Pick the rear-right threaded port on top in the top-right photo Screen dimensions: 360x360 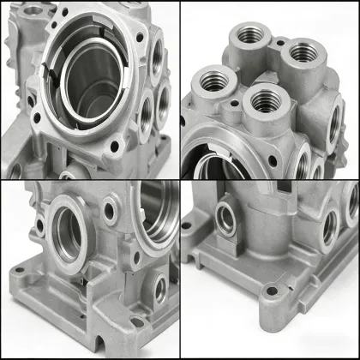tap(301, 53)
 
